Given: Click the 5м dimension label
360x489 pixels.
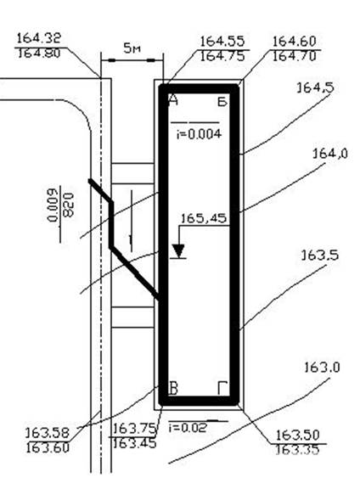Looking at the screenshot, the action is (132, 48).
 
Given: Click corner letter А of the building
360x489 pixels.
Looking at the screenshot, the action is (173, 100).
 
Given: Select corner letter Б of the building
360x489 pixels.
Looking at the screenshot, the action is (222, 101).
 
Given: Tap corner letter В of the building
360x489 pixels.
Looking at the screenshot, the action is (173, 388).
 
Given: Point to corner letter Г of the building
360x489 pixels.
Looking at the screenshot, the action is (222, 388).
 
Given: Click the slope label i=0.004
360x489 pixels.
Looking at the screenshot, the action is (199, 134).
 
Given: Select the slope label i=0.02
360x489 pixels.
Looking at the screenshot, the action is (188, 427).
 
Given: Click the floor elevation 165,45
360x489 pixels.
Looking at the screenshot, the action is (204, 218).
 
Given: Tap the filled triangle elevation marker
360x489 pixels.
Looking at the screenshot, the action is (178, 250).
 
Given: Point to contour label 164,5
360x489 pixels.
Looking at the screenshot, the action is (315, 88).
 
